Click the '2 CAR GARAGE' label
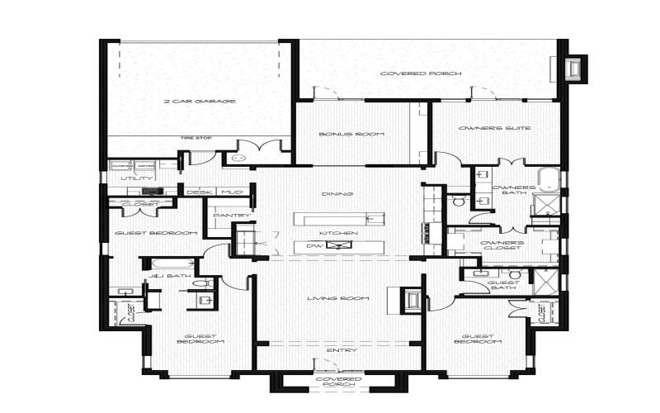(x=200, y=102)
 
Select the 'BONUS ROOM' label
(x=342, y=133)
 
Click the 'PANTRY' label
(x=225, y=216)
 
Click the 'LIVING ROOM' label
(x=337, y=298)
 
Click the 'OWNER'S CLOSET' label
(x=502, y=245)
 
